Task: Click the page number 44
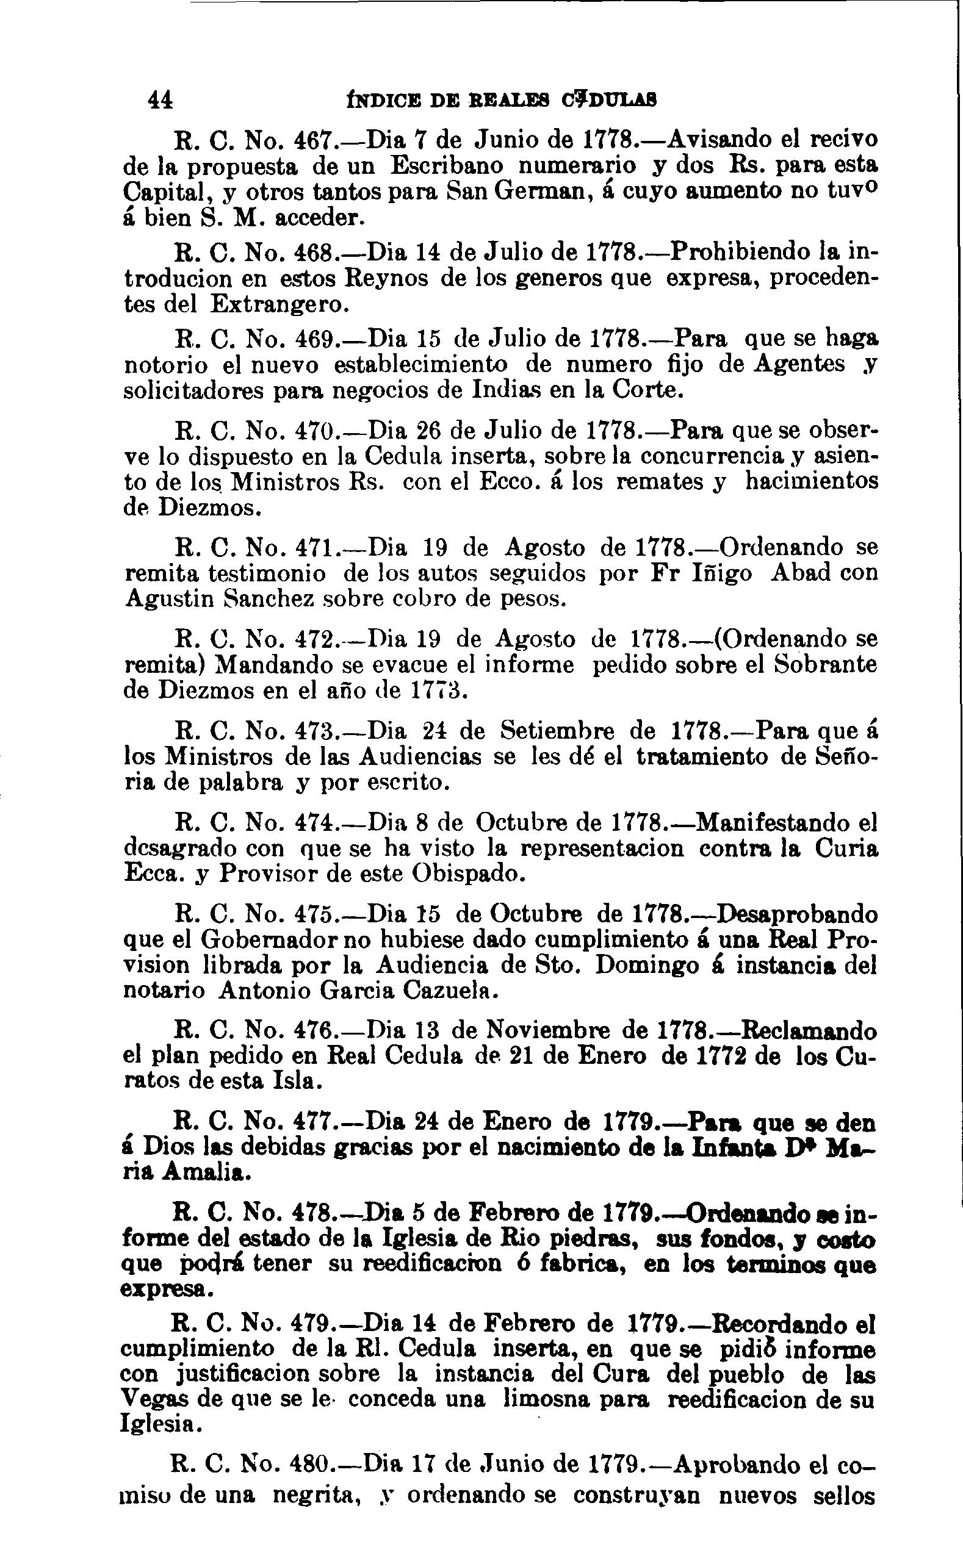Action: pyautogui.click(x=159, y=101)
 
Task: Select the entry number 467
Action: pyautogui.click(x=314, y=139)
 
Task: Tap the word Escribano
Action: pyautogui.click(x=447, y=165)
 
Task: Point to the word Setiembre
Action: pyautogui.click(x=557, y=730)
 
